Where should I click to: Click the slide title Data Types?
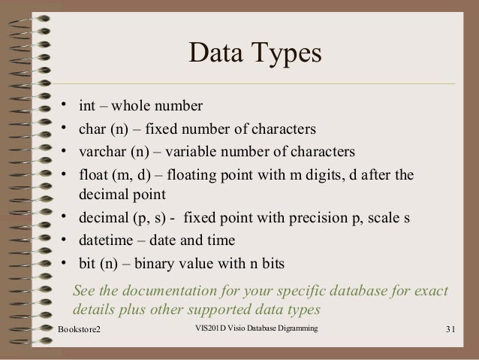[x=255, y=55]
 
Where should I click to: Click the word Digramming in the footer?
[x=295, y=329]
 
